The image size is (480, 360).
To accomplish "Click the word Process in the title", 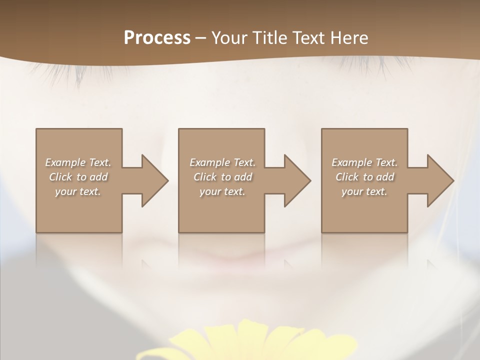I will click(x=157, y=38).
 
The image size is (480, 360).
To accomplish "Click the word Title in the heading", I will click(x=268, y=38).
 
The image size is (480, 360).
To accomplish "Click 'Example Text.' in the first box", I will click(x=78, y=162).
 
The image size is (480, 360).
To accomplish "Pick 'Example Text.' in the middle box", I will click(x=222, y=162).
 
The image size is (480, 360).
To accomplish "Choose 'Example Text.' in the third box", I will click(x=364, y=162).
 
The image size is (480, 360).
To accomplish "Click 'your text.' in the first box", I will click(x=78, y=191).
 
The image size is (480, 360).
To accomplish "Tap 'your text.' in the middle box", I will click(x=222, y=191).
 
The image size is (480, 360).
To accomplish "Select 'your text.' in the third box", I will click(x=364, y=191).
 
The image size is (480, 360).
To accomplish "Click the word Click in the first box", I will click(x=60, y=177).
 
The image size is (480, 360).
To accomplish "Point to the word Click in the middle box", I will click(x=205, y=177).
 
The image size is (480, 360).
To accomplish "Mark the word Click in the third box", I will click(x=347, y=177).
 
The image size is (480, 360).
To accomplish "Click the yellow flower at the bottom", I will click(x=245, y=342).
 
